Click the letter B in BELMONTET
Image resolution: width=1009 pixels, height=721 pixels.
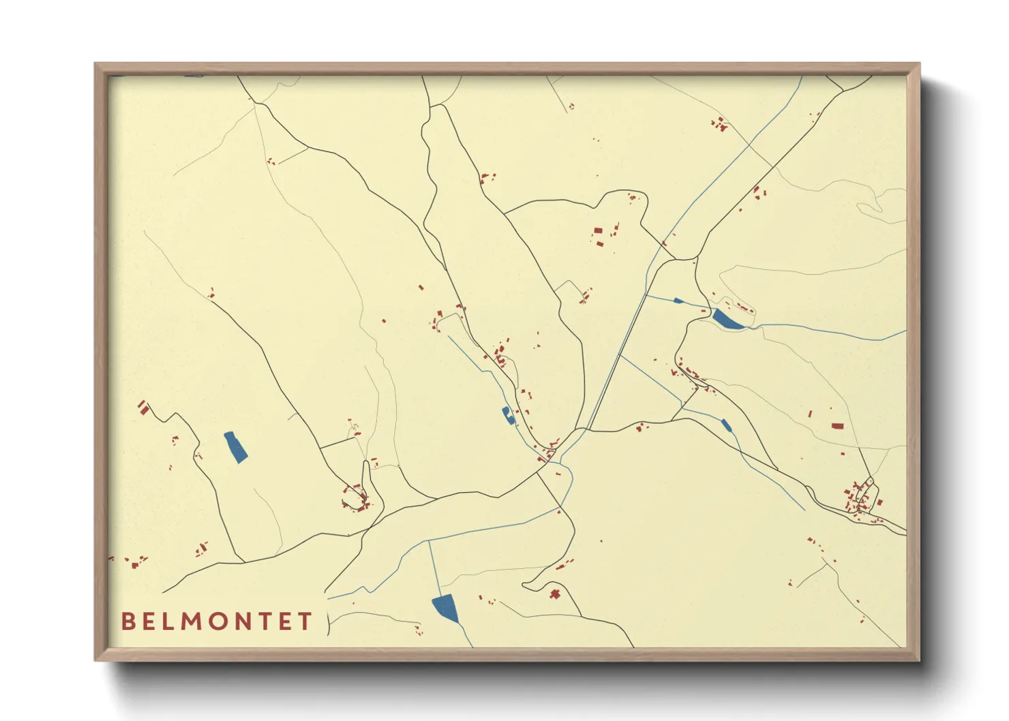click(127, 622)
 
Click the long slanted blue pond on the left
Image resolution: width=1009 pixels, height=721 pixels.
click(236, 447)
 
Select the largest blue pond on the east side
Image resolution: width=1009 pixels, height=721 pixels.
click(727, 319)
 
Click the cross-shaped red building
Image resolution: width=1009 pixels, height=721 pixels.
click(555, 594)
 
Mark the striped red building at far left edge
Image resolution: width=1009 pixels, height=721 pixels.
click(143, 408)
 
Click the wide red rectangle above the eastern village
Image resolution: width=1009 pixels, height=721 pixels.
click(837, 426)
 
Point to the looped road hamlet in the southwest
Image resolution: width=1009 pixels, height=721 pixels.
click(357, 497)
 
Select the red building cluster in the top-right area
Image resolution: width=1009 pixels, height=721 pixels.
click(719, 124)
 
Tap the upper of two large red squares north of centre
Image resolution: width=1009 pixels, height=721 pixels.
click(598, 231)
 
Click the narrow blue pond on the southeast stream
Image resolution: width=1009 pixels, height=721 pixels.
click(726, 426)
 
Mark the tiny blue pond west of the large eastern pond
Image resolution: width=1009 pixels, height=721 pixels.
click(678, 301)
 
